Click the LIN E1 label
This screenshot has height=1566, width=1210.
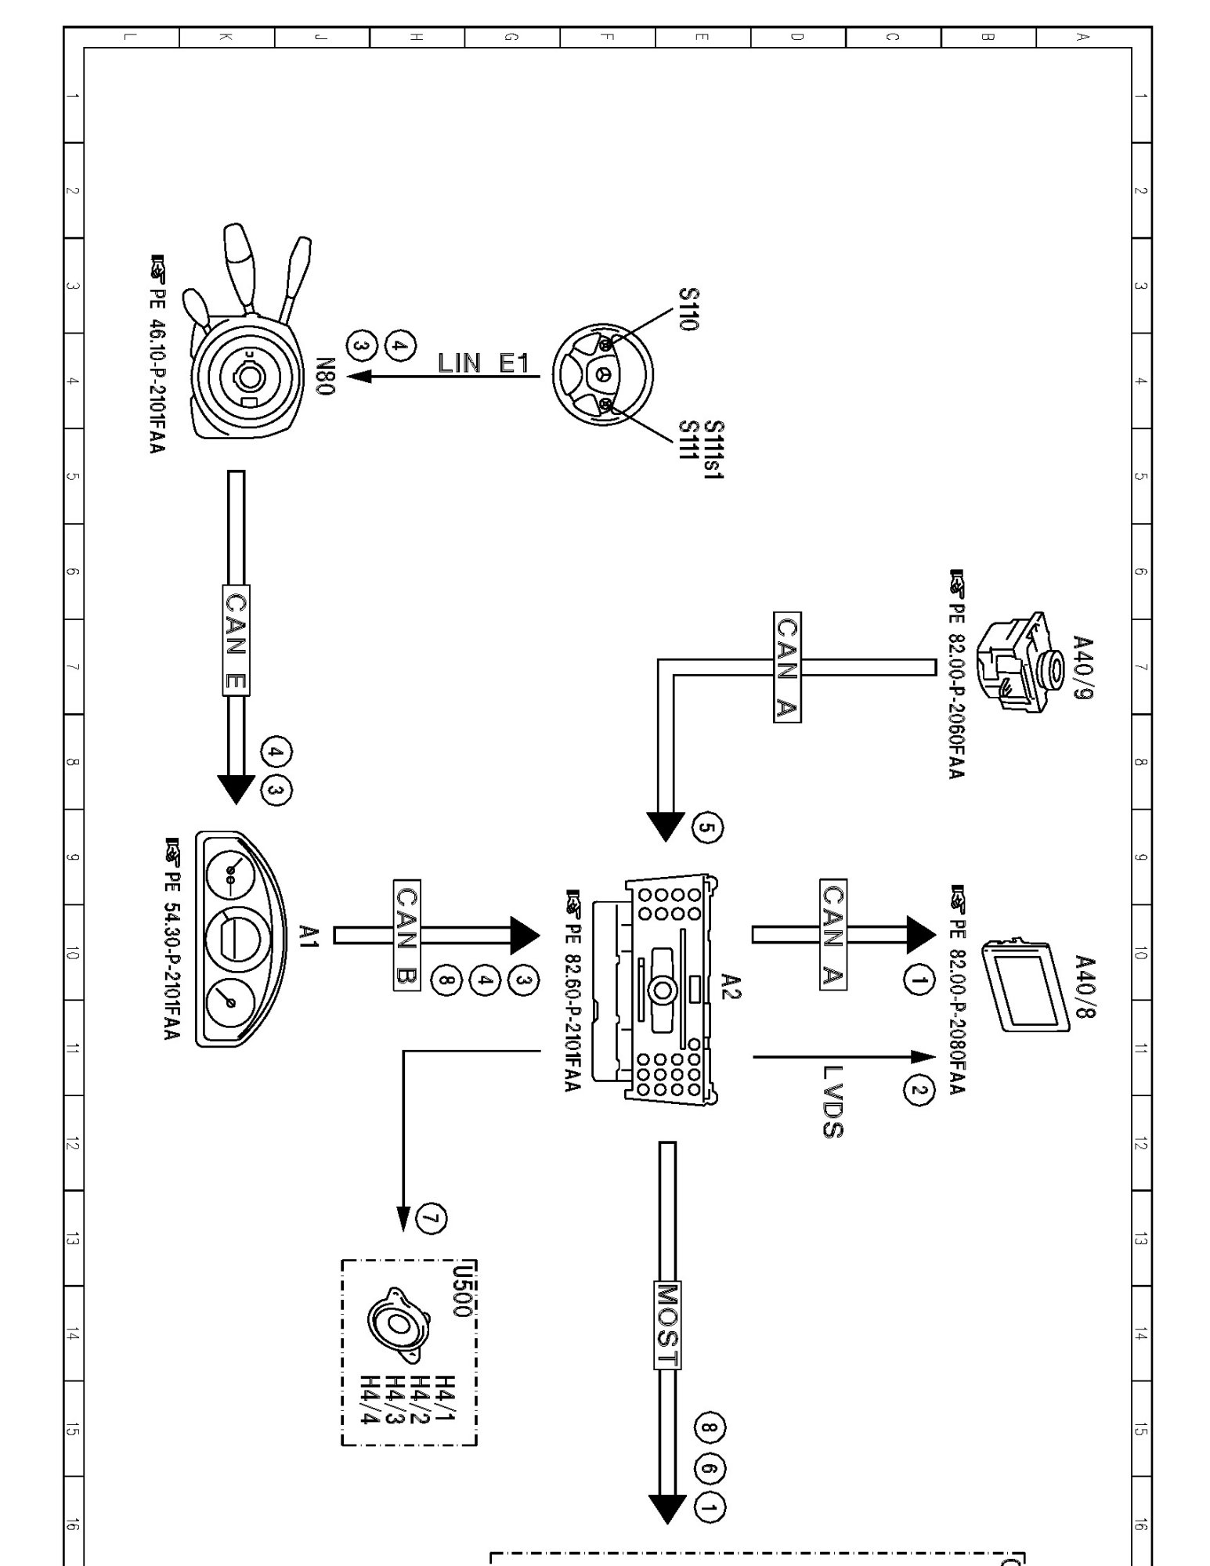[483, 363]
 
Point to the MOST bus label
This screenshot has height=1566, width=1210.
[667, 1323]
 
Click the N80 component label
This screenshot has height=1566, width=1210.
[327, 377]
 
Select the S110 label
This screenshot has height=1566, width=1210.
[687, 309]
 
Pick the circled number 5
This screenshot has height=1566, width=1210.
[707, 828]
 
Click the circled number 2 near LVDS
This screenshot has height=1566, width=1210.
[919, 1090]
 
